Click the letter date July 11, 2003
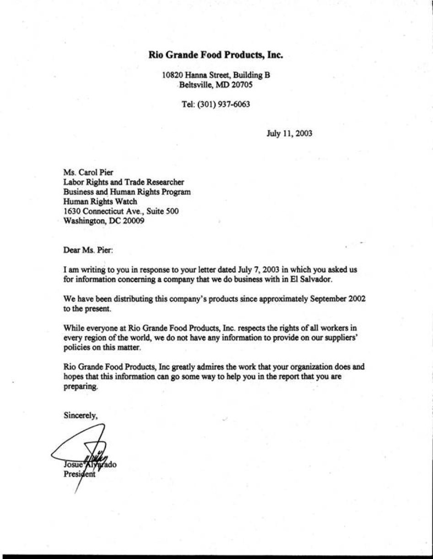pyautogui.click(x=289, y=134)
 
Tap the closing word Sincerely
pyautogui.click(x=81, y=416)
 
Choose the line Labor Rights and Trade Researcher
pyautogui.click(x=124, y=183)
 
